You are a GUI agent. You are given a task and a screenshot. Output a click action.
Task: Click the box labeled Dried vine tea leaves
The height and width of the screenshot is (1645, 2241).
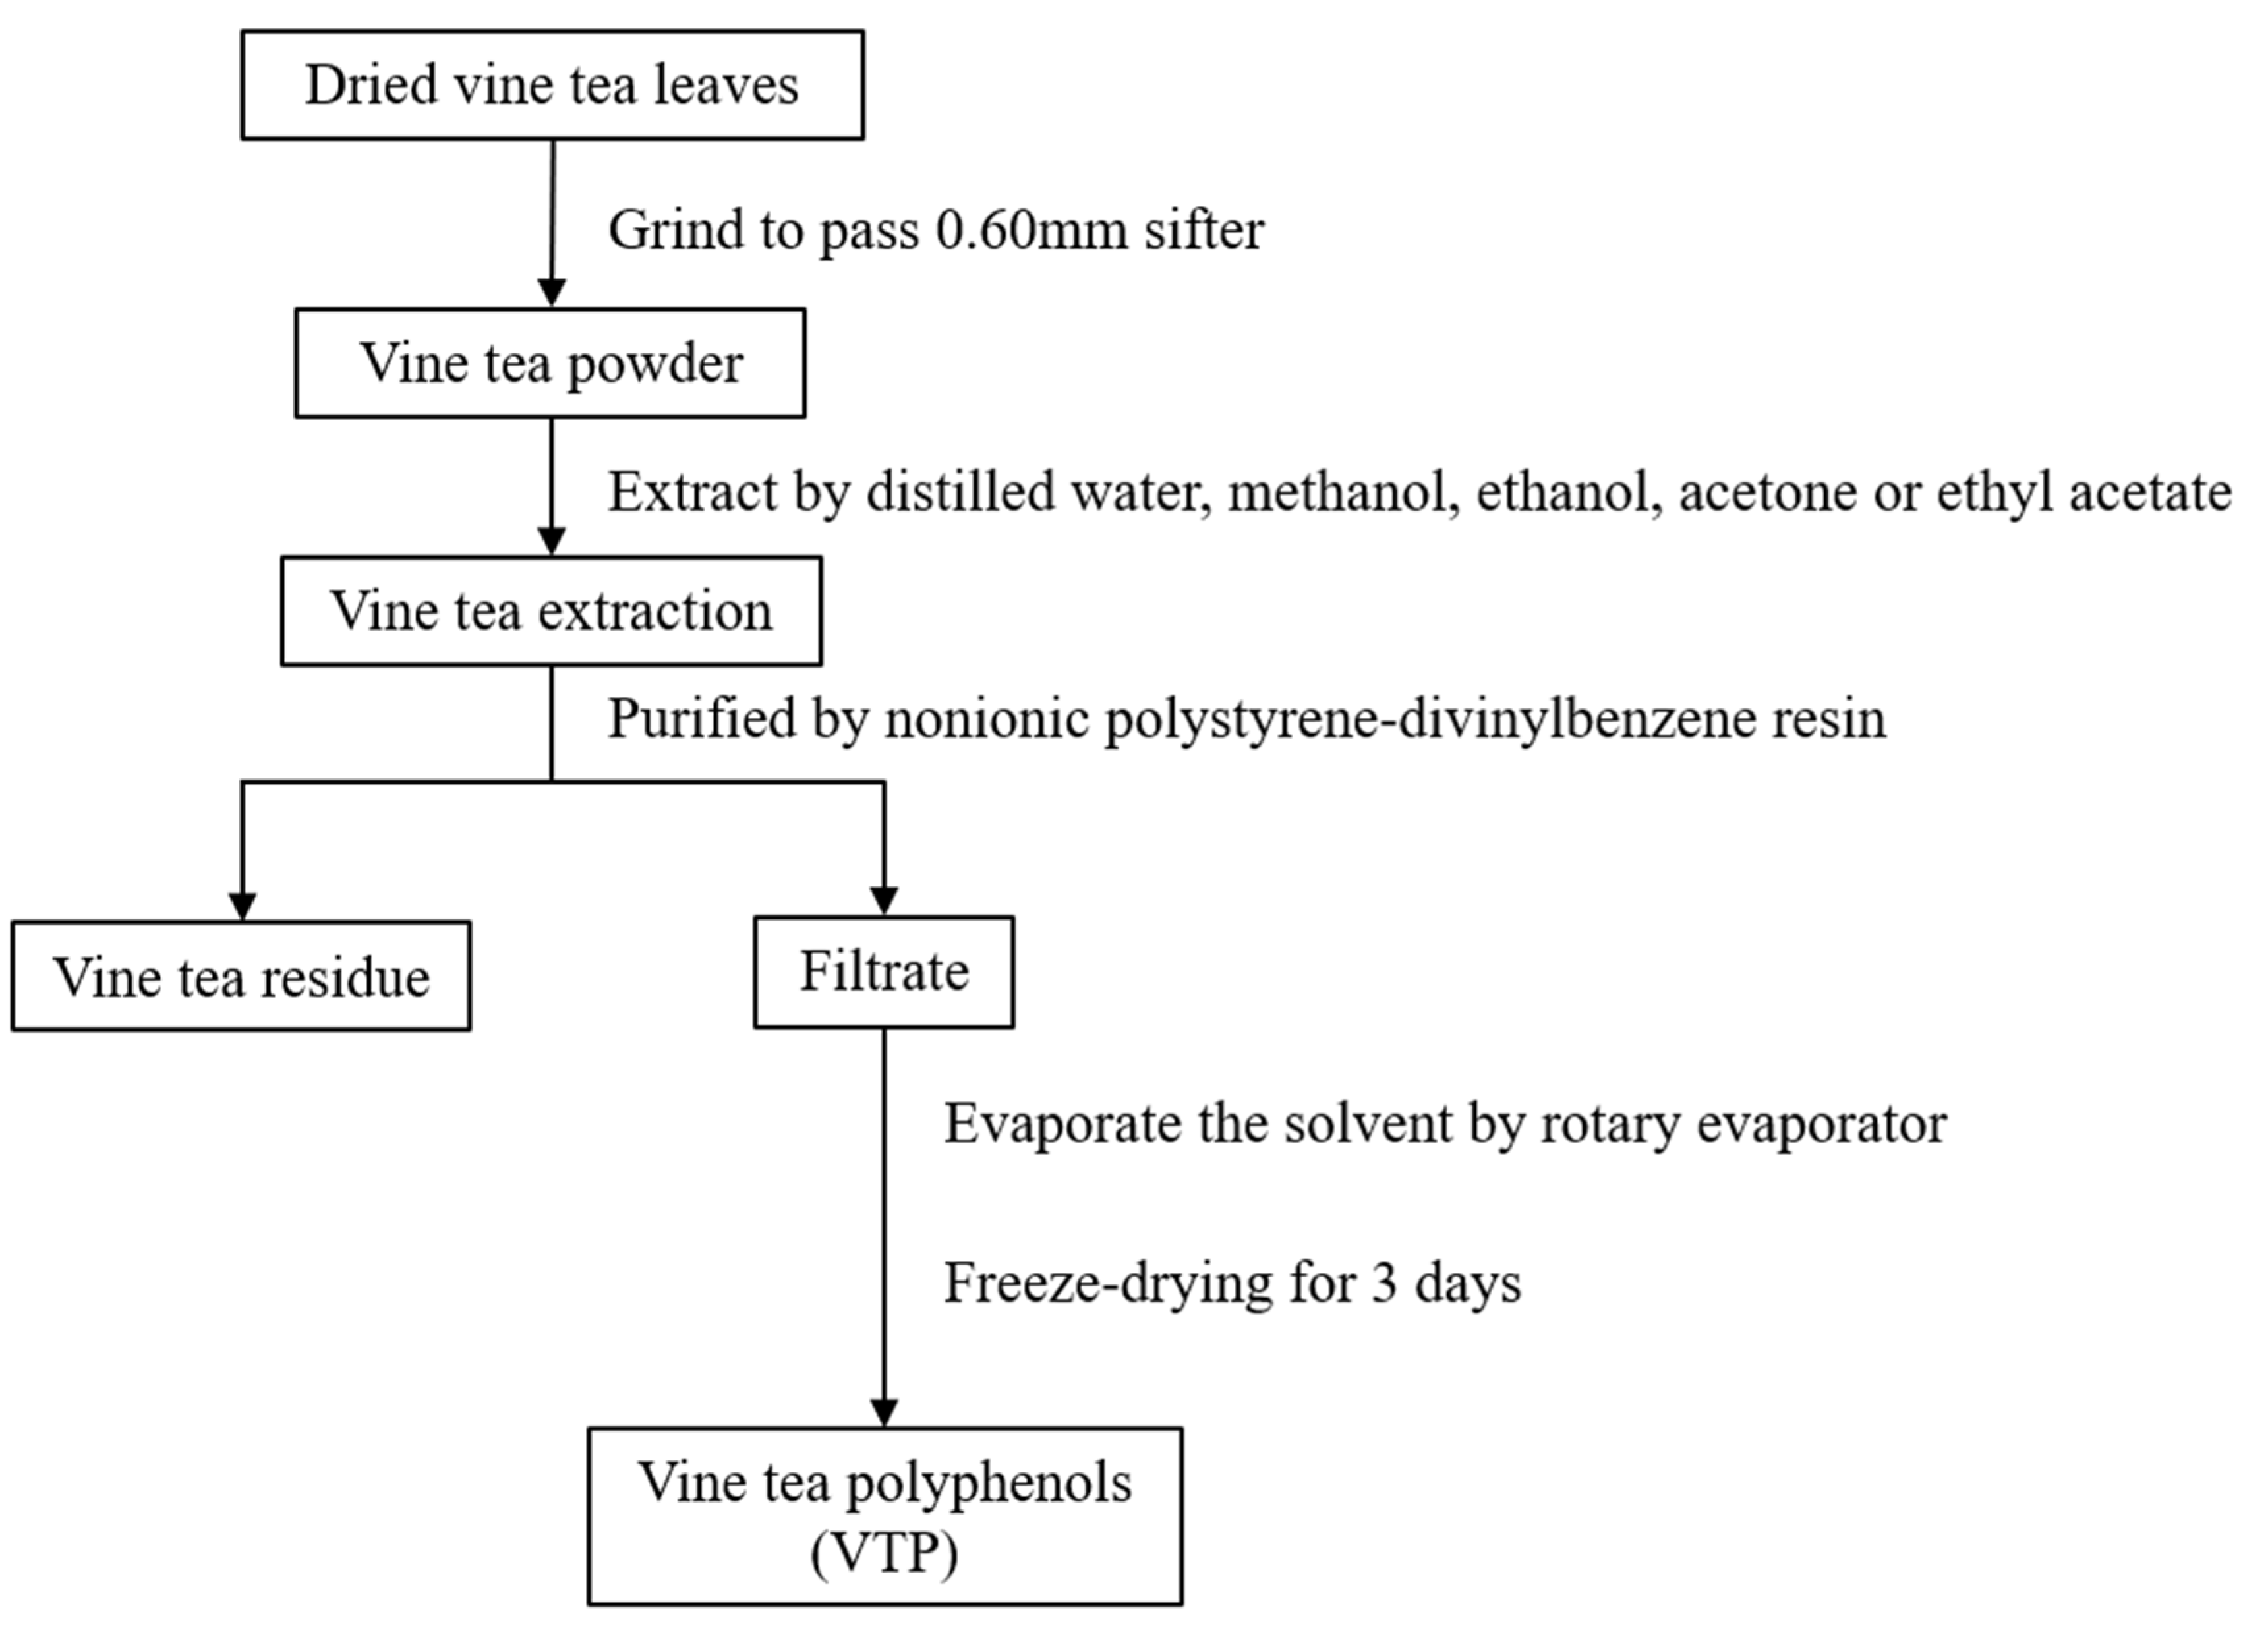click(552, 84)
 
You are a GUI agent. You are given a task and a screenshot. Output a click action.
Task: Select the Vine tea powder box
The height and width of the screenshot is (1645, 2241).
click(550, 362)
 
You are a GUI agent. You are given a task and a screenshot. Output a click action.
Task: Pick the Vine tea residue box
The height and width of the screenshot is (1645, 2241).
click(241, 976)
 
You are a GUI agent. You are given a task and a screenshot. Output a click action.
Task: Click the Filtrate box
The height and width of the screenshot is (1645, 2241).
click(883, 972)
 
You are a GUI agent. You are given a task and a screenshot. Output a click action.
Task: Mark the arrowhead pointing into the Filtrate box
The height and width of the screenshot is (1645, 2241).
click(883, 900)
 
